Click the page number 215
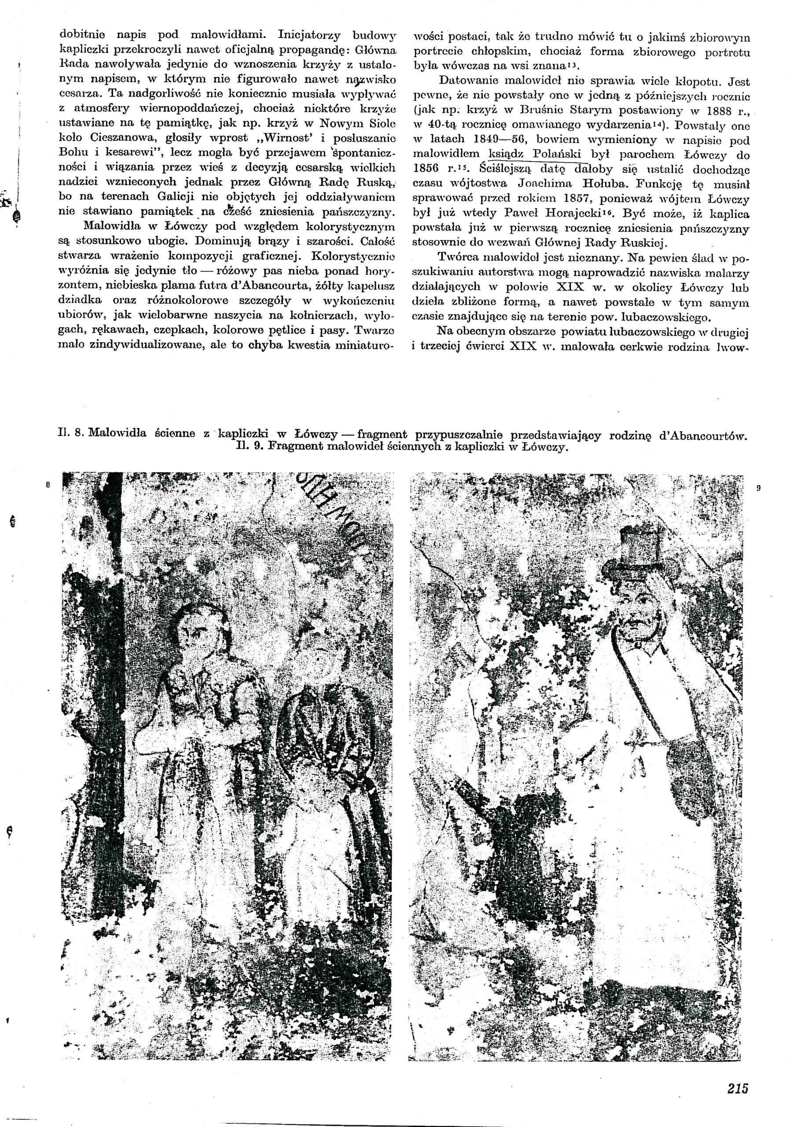click(738, 1074)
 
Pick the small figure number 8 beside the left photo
click(48, 485)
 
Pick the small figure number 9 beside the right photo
click(758, 488)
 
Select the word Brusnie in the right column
click(540, 110)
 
